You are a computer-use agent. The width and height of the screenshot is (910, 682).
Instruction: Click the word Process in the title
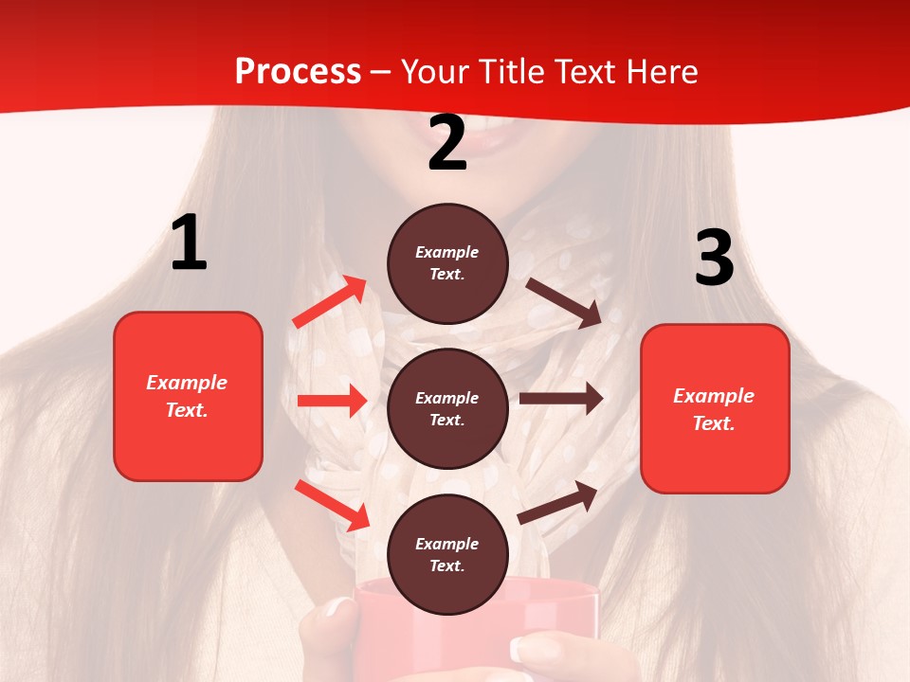(298, 72)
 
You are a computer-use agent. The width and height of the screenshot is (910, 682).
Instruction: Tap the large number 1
(189, 243)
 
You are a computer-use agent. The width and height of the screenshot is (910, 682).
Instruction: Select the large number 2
(447, 144)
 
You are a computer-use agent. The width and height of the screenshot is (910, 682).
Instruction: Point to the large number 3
(714, 258)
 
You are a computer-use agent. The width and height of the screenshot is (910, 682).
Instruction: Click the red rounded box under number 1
(188, 396)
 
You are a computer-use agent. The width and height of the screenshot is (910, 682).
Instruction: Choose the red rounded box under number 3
(715, 408)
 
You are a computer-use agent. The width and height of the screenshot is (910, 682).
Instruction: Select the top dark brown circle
(447, 263)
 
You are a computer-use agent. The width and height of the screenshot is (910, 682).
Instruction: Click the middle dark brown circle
(447, 408)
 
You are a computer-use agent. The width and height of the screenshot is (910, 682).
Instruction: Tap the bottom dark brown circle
(447, 554)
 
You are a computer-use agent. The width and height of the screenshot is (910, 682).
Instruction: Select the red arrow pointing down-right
(333, 505)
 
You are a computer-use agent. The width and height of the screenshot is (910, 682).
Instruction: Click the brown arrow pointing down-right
(565, 303)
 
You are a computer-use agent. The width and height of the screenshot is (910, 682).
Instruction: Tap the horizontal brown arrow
(560, 399)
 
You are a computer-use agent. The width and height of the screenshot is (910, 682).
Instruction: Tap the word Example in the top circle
(447, 253)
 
